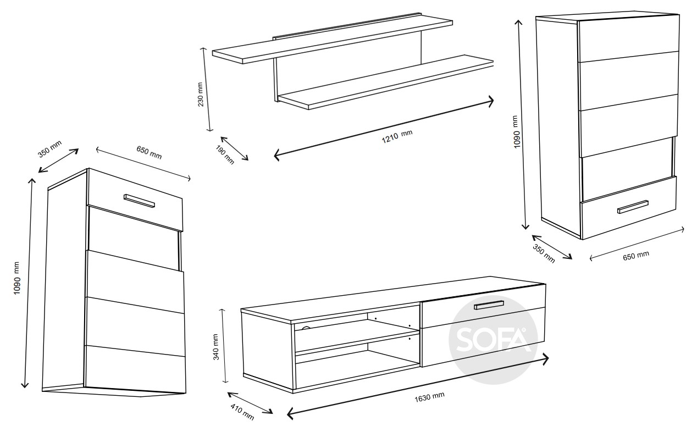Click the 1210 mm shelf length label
397,136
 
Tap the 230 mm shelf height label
200,95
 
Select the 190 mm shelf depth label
225,154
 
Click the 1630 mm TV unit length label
429,397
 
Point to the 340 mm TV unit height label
215,347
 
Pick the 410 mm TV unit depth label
242,412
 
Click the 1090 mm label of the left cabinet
17,278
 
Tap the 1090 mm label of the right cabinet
516,132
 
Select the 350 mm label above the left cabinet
50,149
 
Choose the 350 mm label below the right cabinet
544,253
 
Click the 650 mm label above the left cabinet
149,152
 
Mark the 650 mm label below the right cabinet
636,256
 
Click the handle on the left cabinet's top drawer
139,201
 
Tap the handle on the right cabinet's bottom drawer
633,207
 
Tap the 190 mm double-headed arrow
234,148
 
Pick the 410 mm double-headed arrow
250,403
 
